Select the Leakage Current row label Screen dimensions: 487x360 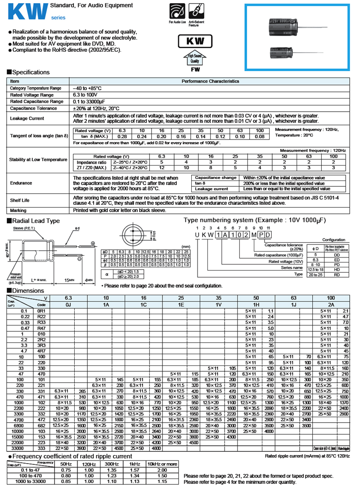27,118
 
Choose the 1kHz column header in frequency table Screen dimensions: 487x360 135,464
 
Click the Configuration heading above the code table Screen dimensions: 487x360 334,240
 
